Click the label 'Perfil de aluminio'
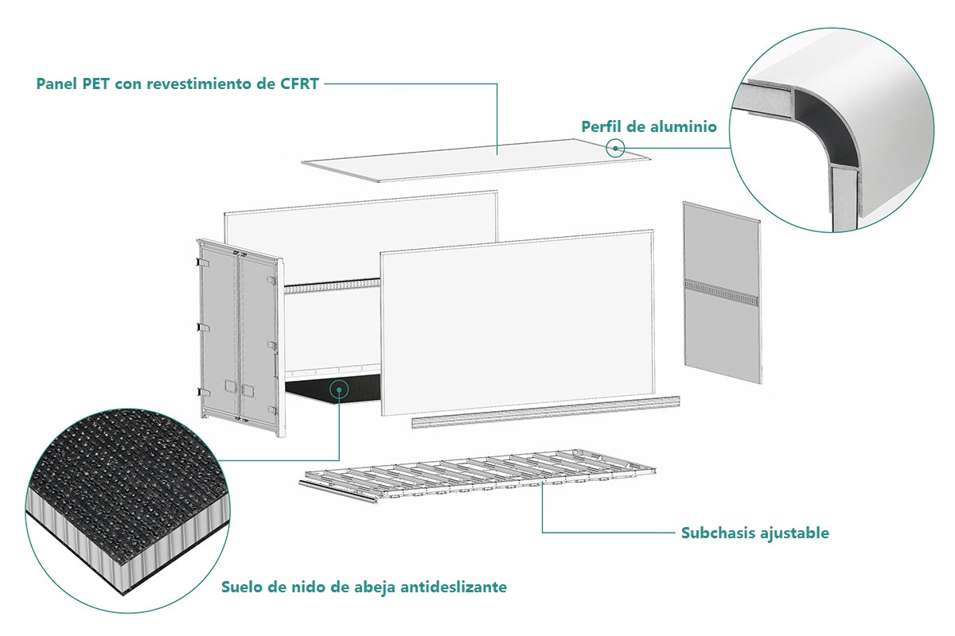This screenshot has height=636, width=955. [649, 126]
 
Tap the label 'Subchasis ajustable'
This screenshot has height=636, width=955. [754, 533]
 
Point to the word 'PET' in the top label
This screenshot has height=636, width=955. [95, 84]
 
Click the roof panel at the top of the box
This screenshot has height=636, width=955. [477, 160]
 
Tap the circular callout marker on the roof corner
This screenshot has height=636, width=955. [615, 147]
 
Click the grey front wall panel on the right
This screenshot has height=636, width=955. [722, 334]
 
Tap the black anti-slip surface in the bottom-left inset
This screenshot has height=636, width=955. [119, 469]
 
